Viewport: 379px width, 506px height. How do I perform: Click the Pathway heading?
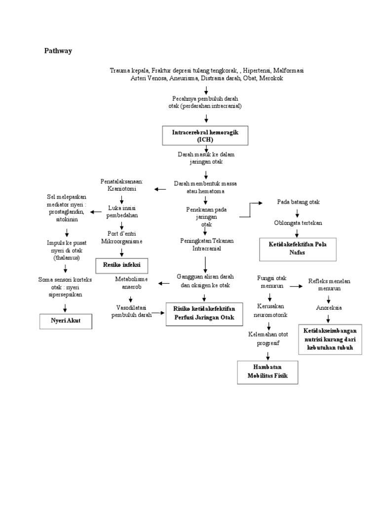click(x=58, y=50)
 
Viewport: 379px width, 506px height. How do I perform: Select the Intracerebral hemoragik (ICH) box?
click(x=205, y=135)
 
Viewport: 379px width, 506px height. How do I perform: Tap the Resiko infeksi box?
click(x=121, y=265)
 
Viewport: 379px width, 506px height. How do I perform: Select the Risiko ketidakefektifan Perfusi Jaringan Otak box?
click(x=204, y=314)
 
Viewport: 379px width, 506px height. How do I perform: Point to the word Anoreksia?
click(x=329, y=307)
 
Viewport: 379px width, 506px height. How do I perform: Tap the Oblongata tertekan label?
click(x=298, y=223)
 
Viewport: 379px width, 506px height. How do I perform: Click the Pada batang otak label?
click(x=298, y=202)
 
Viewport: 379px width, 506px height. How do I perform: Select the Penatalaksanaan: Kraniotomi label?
click(x=121, y=185)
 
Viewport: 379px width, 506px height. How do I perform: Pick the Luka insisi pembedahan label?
click(x=121, y=211)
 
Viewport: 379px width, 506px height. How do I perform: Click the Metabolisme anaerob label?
click(x=131, y=283)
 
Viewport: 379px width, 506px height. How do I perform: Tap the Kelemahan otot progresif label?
click(x=268, y=338)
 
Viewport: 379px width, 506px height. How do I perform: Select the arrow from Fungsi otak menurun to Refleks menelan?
click(x=296, y=286)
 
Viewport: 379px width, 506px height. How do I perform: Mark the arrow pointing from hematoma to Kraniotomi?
click(x=160, y=189)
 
